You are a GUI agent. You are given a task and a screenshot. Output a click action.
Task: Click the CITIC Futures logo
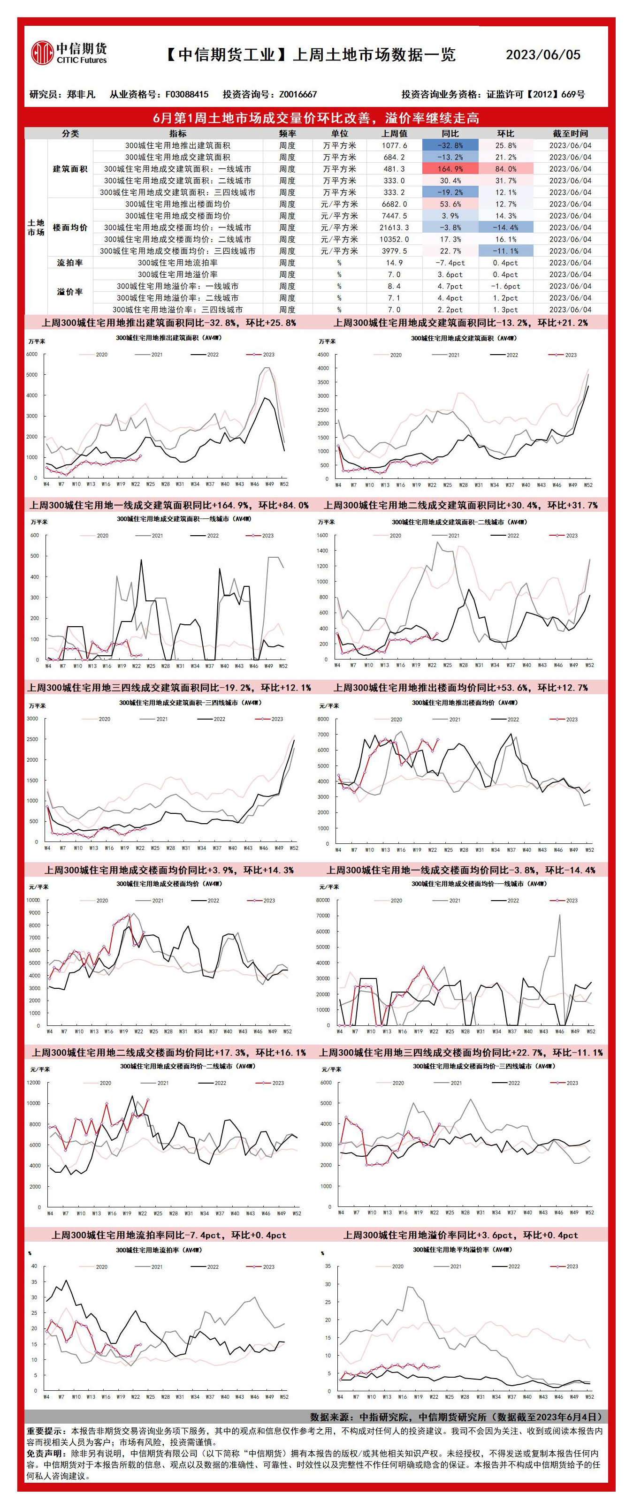pyautogui.click(x=69, y=53)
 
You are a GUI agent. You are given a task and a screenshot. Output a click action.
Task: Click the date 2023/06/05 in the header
pyautogui.click(x=543, y=55)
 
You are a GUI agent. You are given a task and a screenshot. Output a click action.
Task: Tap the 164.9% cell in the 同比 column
pyautogui.click(x=450, y=169)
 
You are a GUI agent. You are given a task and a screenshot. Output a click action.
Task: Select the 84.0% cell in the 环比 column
pyautogui.click(x=505, y=169)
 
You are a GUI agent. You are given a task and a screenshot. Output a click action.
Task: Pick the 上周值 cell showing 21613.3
pyautogui.click(x=394, y=227)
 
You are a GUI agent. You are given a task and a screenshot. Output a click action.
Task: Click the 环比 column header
pyautogui.click(x=505, y=134)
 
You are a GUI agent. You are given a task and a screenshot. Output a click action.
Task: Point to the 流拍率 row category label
pyautogui.click(x=70, y=262)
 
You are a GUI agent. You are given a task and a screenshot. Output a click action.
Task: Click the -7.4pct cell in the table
pyautogui.click(x=450, y=262)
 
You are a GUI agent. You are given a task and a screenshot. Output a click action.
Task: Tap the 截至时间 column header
pyautogui.click(x=570, y=134)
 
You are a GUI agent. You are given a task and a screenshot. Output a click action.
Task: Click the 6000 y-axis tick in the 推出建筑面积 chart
pyautogui.click(x=32, y=354)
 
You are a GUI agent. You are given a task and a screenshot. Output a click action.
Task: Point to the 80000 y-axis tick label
pyautogui.click(x=323, y=900)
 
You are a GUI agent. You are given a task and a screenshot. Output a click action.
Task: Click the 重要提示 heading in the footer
pyautogui.click(x=47, y=1431)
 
